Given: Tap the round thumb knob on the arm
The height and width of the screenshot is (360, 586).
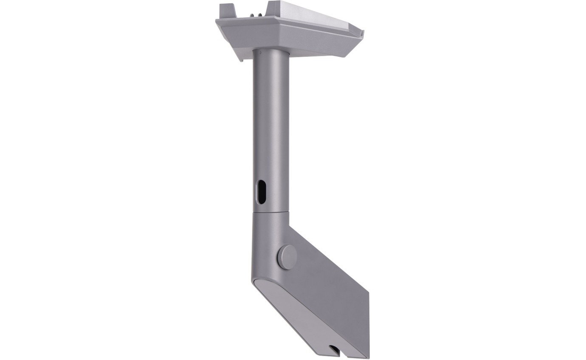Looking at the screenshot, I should click(287, 257).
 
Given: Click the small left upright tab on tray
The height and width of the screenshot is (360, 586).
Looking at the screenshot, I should click(226, 10).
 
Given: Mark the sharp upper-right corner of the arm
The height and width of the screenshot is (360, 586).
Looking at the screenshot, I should click(290, 225).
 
